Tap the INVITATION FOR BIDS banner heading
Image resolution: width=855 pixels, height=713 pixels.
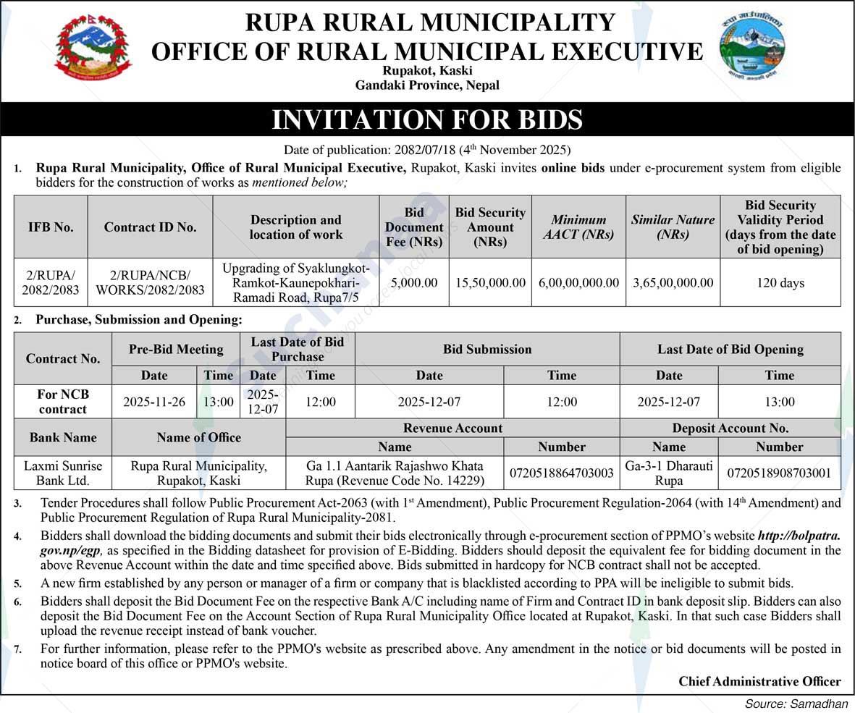pyautogui.click(x=427, y=119)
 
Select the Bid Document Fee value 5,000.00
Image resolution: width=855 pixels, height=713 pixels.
pyautogui.click(x=414, y=282)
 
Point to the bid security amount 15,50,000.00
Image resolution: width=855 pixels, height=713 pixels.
pyautogui.click(x=490, y=282)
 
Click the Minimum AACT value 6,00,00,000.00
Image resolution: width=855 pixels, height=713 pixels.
pyautogui.click(x=578, y=282)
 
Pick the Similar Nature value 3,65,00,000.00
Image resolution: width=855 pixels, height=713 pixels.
pyautogui.click(x=673, y=282)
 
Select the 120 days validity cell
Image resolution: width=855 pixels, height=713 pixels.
pyautogui.click(x=780, y=282)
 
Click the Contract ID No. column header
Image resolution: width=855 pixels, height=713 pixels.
pyautogui.click(x=150, y=227)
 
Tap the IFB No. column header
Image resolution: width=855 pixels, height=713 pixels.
pyautogui.click(x=51, y=227)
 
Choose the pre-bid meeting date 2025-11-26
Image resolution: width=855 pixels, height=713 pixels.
pyautogui.click(x=154, y=402)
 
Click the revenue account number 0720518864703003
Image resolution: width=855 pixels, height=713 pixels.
pyautogui.click(x=562, y=473)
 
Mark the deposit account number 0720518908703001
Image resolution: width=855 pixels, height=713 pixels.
pyautogui.click(x=779, y=473)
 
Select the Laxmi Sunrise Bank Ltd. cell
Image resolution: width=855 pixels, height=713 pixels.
pyautogui.click(x=63, y=473)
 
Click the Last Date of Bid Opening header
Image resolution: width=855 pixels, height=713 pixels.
pyautogui.click(x=730, y=349)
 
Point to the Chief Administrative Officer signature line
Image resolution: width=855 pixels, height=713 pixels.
pyautogui.click(x=759, y=681)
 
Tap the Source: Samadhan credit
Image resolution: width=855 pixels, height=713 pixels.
pyautogui.click(x=796, y=704)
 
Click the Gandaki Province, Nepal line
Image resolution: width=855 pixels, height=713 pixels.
pyautogui.click(x=427, y=85)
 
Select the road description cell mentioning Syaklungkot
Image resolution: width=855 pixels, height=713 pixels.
pyautogui.click(x=295, y=282)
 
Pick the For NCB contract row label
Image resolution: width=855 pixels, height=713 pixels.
pyautogui.click(x=63, y=402)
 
